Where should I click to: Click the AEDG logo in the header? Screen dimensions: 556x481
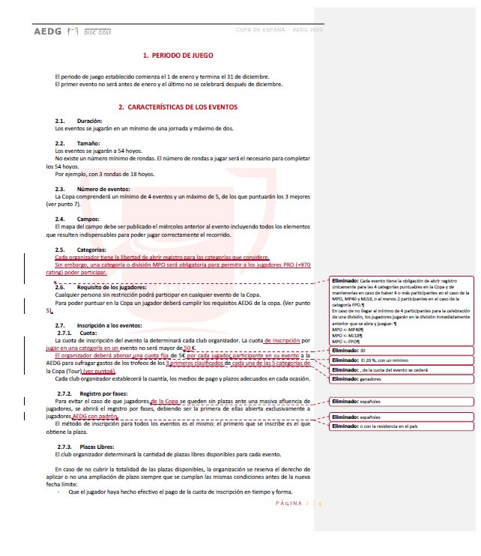point(49,32)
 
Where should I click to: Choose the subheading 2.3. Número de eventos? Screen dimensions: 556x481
point(93,190)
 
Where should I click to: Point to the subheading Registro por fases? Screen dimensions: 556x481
point(95,393)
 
